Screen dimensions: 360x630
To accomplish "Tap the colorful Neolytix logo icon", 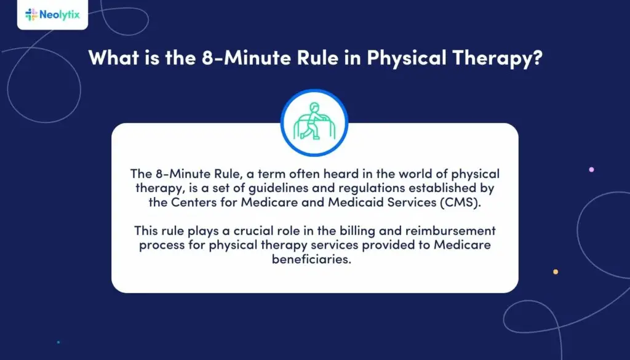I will pyautogui.click(x=31, y=14).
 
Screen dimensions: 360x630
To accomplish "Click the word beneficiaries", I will pyautogui.click(x=315, y=260).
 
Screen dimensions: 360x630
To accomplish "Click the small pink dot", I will pyautogui.click(x=591, y=169).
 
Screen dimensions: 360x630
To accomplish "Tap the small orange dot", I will pyautogui.click(x=556, y=271).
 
